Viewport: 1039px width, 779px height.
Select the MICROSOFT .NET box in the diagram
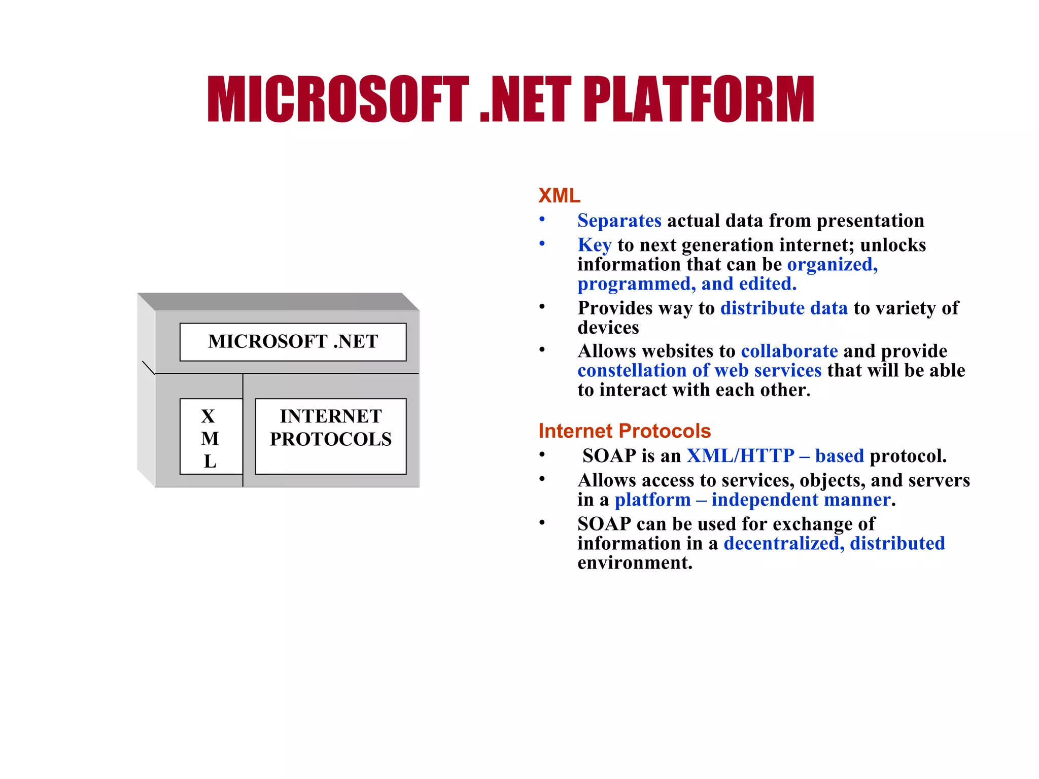[293, 342]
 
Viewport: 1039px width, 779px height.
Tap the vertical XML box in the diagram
[211, 437]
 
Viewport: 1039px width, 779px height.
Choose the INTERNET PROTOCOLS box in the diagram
[330, 436]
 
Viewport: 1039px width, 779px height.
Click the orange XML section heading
[559, 196]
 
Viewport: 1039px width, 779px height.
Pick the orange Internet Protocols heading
[624, 431]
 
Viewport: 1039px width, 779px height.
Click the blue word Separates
[619, 221]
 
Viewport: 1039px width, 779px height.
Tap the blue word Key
[594, 245]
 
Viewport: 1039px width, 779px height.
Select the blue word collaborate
[789, 351]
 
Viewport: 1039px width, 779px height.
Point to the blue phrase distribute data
[783, 308]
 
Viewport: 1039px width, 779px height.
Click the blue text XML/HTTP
[740, 456]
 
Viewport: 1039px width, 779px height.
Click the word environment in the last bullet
[634, 563]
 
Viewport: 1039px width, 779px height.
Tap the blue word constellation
[632, 371]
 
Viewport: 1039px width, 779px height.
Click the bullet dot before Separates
[542, 219]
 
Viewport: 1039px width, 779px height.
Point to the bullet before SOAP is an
[542, 454]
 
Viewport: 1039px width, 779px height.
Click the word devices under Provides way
[608, 328]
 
